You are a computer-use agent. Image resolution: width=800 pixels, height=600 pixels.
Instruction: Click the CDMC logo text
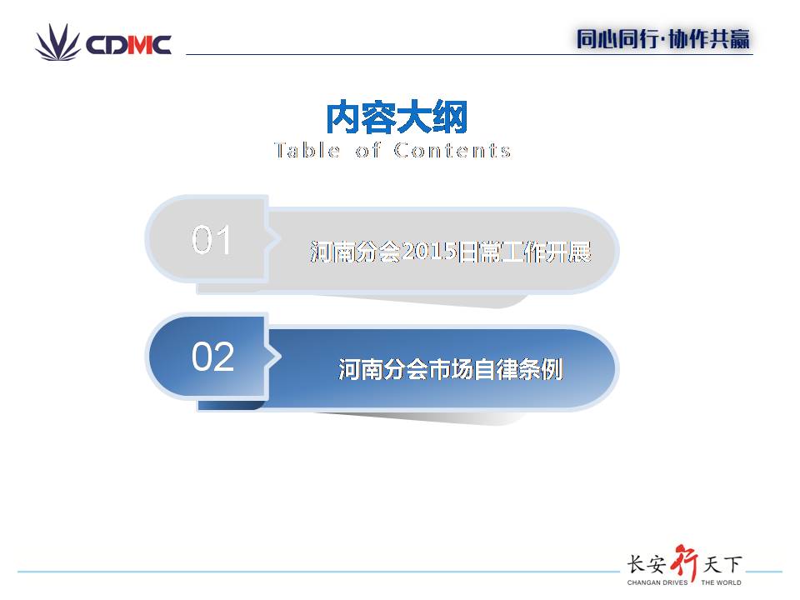pyautogui.click(x=128, y=45)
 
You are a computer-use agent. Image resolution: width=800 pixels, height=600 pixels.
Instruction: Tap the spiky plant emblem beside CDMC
pyautogui.click(x=57, y=42)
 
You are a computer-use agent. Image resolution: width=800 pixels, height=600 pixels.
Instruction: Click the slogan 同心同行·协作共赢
pyautogui.click(x=663, y=39)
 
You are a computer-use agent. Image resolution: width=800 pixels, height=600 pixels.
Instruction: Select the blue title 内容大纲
pyautogui.click(x=397, y=117)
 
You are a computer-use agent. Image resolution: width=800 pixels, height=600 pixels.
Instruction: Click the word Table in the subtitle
pyautogui.click(x=307, y=150)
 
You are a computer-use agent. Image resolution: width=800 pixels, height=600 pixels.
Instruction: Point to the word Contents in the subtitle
pyautogui.click(x=452, y=150)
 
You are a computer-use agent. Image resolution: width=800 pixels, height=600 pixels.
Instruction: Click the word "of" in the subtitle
pyautogui.click(x=367, y=150)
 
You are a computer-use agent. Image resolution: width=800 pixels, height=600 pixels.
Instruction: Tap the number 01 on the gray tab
pyautogui.click(x=211, y=240)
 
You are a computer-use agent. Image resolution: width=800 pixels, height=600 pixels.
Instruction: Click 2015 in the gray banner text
pyautogui.click(x=429, y=252)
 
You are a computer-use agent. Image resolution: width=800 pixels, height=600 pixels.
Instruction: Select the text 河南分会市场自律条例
pyautogui.click(x=451, y=369)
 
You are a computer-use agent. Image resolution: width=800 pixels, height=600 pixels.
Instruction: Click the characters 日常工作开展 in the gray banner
pyautogui.click(x=524, y=252)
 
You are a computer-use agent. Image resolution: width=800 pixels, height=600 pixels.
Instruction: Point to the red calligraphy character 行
pyautogui.click(x=684, y=562)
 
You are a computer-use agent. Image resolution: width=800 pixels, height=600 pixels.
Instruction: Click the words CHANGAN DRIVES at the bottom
pyautogui.click(x=657, y=582)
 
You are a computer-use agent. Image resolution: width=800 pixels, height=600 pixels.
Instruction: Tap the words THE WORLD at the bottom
pyautogui.click(x=721, y=582)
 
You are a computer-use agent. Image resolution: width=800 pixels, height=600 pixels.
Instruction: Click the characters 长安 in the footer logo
pyautogui.click(x=647, y=564)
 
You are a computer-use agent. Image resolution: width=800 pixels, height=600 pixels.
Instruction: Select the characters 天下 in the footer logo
pyautogui.click(x=722, y=564)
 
